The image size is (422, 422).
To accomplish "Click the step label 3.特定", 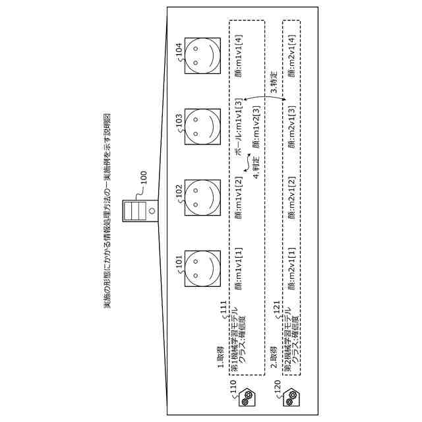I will pyautogui.click(x=273, y=82).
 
